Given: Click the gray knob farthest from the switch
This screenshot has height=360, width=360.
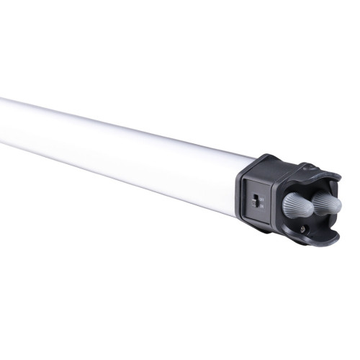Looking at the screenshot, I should pos(328,202).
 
